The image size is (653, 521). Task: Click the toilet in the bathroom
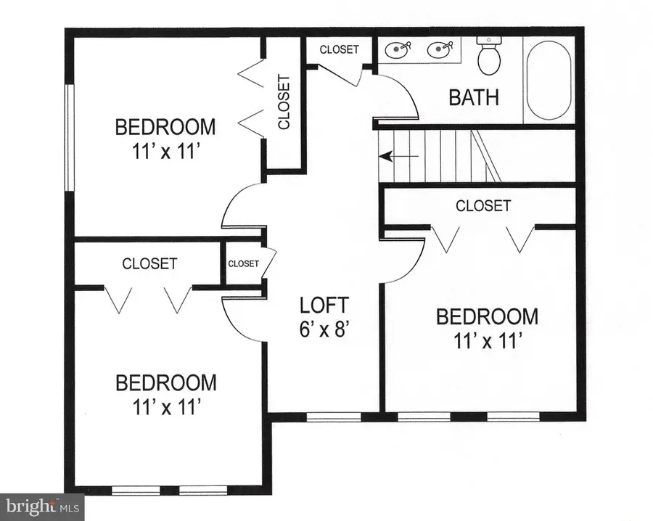(x=489, y=56)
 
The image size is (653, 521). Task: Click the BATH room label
(x=474, y=97)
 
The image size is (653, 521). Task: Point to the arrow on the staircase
(x=398, y=157)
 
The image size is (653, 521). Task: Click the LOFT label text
(x=324, y=305)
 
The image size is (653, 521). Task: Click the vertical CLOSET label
(x=284, y=102)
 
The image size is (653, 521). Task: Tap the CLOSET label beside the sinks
(x=339, y=49)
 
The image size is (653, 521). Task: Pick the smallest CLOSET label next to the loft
(x=244, y=263)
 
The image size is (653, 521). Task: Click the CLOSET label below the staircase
(x=483, y=206)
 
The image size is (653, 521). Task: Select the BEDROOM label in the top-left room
(x=165, y=127)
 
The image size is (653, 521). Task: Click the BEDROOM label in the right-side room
(x=488, y=316)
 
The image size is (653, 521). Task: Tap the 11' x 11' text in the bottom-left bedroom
(x=164, y=407)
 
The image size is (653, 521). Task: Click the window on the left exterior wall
(x=69, y=138)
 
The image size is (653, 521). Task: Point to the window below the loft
(x=334, y=417)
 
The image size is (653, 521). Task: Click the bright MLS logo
(x=42, y=506)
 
